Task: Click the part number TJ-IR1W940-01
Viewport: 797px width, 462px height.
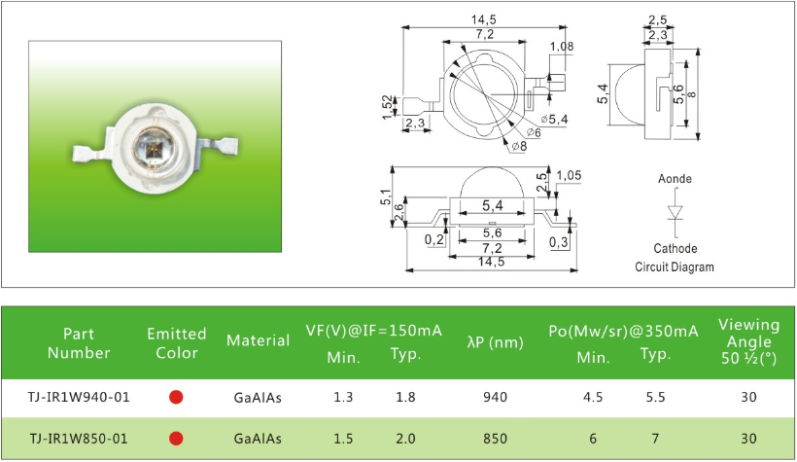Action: click(x=79, y=397)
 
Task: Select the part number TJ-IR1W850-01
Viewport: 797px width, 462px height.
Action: click(x=79, y=439)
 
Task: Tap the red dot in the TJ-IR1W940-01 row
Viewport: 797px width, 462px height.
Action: click(x=176, y=397)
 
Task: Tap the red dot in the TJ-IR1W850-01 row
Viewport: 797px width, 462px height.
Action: click(x=176, y=439)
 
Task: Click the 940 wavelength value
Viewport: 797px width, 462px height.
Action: click(x=496, y=397)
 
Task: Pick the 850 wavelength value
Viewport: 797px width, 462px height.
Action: click(x=496, y=439)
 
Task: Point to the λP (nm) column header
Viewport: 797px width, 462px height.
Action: click(x=496, y=341)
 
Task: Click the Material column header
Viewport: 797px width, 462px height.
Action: click(x=258, y=341)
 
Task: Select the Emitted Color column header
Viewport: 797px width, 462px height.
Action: click(x=176, y=342)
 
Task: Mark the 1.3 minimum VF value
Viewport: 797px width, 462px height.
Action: click(x=343, y=397)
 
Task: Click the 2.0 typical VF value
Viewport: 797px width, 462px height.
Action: click(x=406, y=439)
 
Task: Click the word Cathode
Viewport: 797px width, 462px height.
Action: click(x=675, y=248)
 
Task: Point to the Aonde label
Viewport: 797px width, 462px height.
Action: click(x=675, y=179)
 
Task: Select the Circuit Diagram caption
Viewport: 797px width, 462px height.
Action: click(x=675, y=267)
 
